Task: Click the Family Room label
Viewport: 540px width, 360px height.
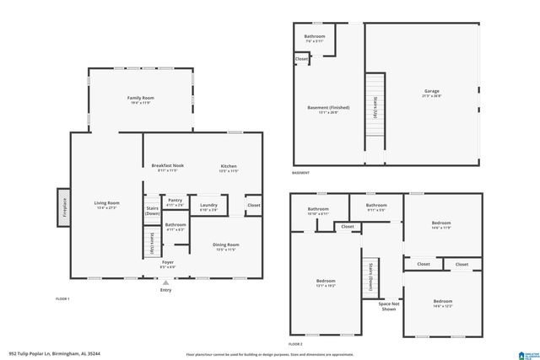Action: (x=141, y=99)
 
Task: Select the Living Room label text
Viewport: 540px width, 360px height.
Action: (x=106, y=203)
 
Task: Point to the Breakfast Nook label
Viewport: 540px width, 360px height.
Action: (x=167, y=165)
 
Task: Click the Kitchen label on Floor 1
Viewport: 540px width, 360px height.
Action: (x=228, y=165)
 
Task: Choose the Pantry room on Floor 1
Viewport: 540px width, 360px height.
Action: (x=175, y=201)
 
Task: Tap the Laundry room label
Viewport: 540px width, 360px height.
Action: (x=208, y=205)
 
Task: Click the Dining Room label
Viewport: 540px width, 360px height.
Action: (x=225, y=245)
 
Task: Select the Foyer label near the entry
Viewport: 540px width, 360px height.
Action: (x=168, y=263)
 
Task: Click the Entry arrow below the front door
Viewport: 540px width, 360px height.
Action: (x=165, y=282)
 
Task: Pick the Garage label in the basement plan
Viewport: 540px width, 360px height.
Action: (x=431, y=91)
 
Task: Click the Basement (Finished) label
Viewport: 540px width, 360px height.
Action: (x=327, y=108)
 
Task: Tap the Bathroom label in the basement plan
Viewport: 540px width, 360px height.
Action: (x=315, y=36)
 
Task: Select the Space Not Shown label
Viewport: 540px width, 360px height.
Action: (x=388, y=306)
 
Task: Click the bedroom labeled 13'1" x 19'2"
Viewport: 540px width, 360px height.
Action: (x=326, y=282)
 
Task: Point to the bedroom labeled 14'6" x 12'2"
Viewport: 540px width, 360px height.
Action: (x=443, y=302)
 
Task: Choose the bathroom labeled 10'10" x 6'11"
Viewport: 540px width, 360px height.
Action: (x=318, y=209)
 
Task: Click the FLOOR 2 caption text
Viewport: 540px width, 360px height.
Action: (x=294, y=345)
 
